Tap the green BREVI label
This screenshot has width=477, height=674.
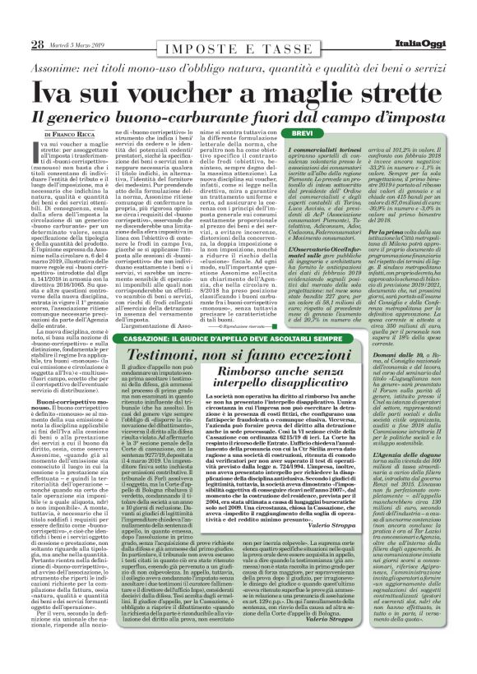click(x=303, y=133)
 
